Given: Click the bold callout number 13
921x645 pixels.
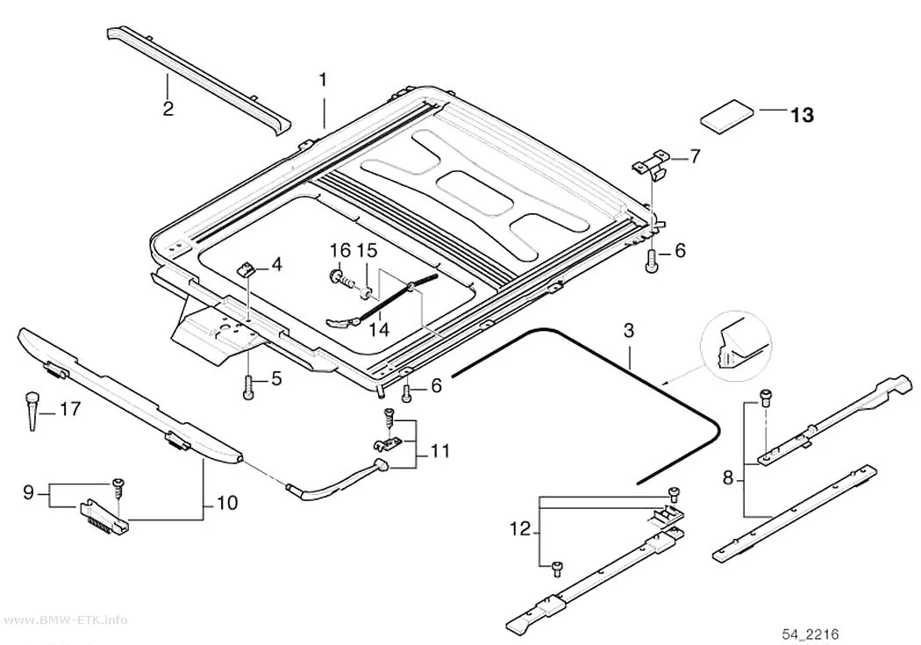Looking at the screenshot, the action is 802,115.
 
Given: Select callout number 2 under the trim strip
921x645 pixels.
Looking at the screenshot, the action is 168,109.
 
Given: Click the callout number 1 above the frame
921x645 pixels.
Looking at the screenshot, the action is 323,80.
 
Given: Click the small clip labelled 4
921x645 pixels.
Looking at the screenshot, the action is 246,269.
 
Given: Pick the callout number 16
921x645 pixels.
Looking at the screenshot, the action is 339,251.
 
